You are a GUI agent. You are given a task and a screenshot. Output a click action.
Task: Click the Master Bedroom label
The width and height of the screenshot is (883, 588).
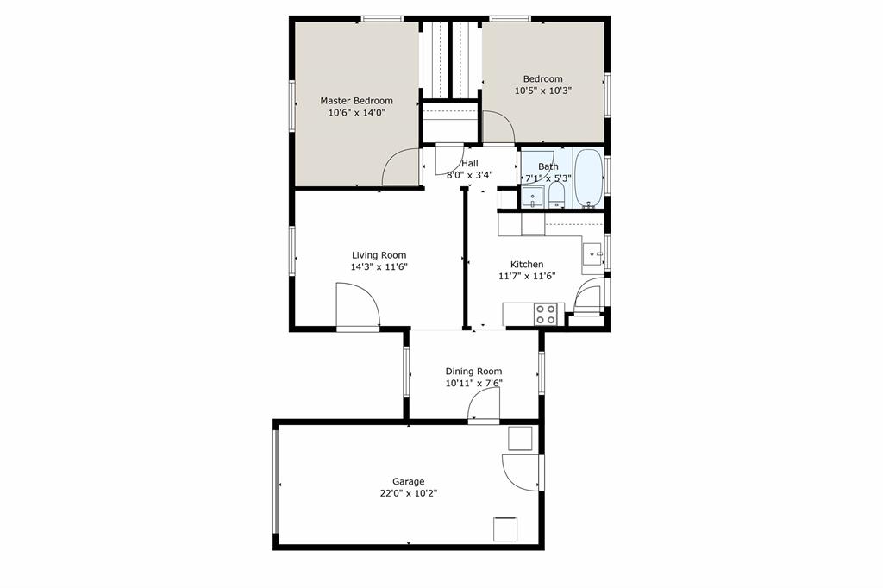356,101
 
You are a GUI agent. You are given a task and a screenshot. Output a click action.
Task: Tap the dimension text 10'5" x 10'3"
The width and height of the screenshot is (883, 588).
543,91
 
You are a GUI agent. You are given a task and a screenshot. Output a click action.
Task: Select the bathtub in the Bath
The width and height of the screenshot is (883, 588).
590,178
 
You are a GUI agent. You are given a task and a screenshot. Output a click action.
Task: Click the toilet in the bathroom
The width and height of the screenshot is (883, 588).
557,193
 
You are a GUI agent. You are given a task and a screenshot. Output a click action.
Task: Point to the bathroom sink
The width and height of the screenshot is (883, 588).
533,197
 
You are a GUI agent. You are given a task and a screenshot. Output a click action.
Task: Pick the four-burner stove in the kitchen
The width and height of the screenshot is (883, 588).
545,314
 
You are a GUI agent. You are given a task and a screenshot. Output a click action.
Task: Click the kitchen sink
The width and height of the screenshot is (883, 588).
592,254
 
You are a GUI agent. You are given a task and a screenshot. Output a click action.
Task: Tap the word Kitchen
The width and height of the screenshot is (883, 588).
527,265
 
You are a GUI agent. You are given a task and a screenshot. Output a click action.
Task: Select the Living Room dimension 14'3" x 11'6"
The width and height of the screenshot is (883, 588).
379,267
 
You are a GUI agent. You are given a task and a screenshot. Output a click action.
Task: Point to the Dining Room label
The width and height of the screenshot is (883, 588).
473,372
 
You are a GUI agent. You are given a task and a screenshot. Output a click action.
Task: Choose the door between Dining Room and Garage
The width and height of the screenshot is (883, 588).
485,405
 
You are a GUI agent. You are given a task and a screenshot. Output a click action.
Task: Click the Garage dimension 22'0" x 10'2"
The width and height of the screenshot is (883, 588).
409,494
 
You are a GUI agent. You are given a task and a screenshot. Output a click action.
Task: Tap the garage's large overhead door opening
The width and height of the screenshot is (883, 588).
277,483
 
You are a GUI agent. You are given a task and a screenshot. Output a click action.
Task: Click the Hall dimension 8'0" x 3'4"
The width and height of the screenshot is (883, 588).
470,175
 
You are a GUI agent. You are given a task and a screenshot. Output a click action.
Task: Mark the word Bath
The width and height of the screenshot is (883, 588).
548,166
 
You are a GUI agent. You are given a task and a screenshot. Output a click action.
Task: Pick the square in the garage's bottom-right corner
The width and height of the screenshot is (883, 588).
505,528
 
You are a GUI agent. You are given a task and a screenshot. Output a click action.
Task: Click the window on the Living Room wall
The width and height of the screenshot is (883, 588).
292,251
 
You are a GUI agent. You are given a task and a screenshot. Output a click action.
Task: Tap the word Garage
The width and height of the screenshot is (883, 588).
409,482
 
